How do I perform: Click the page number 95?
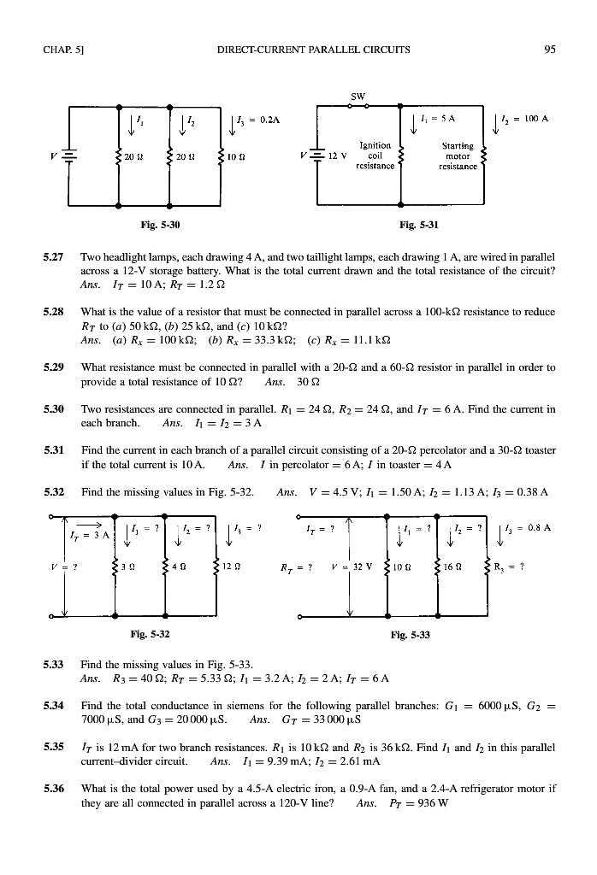[550, 49]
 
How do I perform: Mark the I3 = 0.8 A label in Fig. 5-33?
[537, 528]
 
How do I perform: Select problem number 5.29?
[54, 367]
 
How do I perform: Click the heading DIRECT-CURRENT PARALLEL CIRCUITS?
[313, 49]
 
